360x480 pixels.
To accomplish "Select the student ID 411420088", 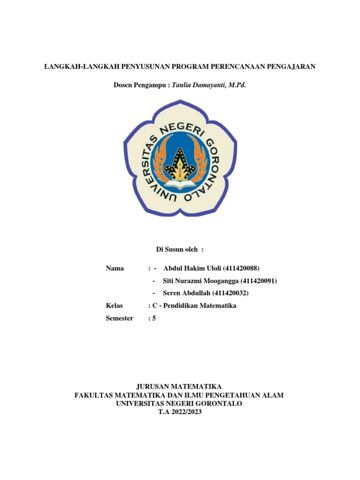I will click(x=241, y=268).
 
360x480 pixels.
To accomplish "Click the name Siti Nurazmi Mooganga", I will click(x=200, y=281).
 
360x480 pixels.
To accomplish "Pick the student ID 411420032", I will click(x=230, y=293).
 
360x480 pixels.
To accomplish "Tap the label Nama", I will click(x=115, y=268).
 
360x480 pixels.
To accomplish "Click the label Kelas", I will click(x=114, y=306).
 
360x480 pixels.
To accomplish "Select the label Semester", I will click(x=120, y=318).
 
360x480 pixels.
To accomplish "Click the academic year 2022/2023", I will click(x=187, y=412).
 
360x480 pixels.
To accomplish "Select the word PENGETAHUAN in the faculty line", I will click(x=240, y=395).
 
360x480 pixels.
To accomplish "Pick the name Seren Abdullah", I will click(x=186, y=293).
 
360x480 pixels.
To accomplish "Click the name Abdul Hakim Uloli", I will click(x=192, y=268).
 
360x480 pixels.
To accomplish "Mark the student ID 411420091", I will click(x=259, y=281).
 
